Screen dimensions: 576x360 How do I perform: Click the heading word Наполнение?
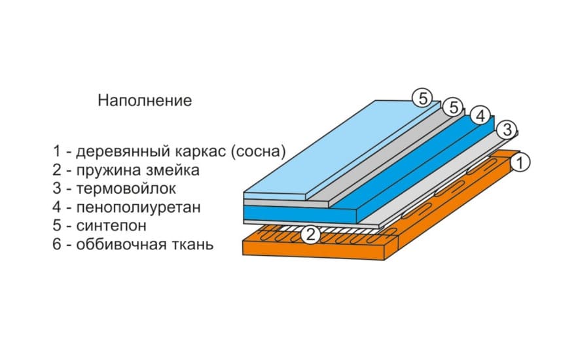[x=145, y=100]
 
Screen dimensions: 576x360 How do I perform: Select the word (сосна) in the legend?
[x=259, y=152]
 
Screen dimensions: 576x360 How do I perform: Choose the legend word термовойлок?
[x=126, y=189]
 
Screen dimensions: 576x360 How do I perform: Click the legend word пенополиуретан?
[x=139, y=207]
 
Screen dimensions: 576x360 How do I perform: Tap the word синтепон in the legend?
[x=111, y=226]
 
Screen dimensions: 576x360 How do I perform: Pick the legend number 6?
[x=57, y=244]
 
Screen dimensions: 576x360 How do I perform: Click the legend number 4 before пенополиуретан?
[x=57, y=207]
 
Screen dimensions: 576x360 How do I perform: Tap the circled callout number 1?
[x=520, y=163]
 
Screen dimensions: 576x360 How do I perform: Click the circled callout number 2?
[x=310, y=234]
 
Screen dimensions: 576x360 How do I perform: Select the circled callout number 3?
[x=507, y=130]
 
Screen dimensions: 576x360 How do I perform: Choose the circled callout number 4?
[x=480, y=116]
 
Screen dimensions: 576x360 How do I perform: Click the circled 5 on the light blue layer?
[x=422, y=98]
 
